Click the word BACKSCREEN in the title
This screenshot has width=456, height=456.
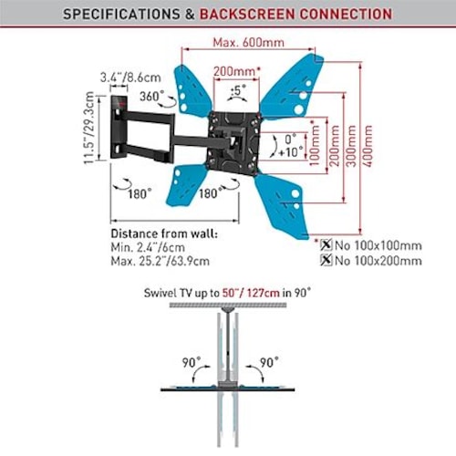click(x=246, y=14)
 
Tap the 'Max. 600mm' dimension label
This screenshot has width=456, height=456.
click(x=249, y=42)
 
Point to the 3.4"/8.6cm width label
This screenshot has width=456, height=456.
click(x=130, y=78)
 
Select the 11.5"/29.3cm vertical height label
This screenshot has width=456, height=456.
click(x=89, y=128)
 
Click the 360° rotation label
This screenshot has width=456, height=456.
click(x=151, y=97)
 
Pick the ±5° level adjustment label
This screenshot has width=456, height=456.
click(x=238, y=90)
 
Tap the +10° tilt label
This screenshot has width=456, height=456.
click(x=291, y=152)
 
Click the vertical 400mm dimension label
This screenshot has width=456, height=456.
click(x=368, y=146)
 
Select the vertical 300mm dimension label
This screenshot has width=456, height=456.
click(x=351, y=146)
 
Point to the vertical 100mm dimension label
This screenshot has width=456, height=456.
click(x=315, y=143)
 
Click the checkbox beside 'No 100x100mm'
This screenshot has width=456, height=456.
click(x=326, y=244)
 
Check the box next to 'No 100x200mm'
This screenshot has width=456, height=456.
click(x=326, y=260)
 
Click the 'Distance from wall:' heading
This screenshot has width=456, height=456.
click(x=164, y=233)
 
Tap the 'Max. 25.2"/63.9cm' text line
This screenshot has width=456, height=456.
click(x=161, y=261)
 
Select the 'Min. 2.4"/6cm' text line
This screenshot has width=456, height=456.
click(x=148, y=247)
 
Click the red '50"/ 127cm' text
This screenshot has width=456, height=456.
click(x=251, y=293)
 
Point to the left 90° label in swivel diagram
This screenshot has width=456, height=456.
click(x=192, y=362)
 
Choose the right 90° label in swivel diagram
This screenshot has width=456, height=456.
click(x=269, y=362)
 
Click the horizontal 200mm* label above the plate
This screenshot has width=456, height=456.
click(x=237, y=71)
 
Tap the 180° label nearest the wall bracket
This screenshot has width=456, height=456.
click(x=140, y=193)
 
